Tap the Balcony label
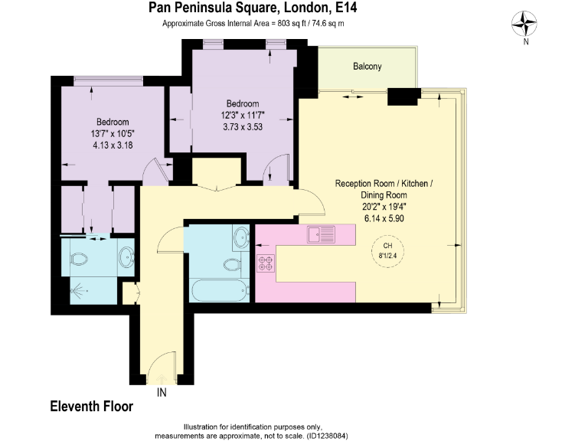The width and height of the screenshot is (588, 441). [367, 67]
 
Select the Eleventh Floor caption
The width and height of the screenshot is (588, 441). [91, 407]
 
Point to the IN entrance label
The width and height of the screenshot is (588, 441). [162, 393]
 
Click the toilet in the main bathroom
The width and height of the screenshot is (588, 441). [230, 265]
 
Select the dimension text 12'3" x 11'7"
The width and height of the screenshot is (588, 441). [242, 116]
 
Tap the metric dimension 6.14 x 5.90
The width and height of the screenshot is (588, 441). [384, 218]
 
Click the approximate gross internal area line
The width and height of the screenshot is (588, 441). [253, 24]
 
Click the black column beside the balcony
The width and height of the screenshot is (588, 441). [403, 96]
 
